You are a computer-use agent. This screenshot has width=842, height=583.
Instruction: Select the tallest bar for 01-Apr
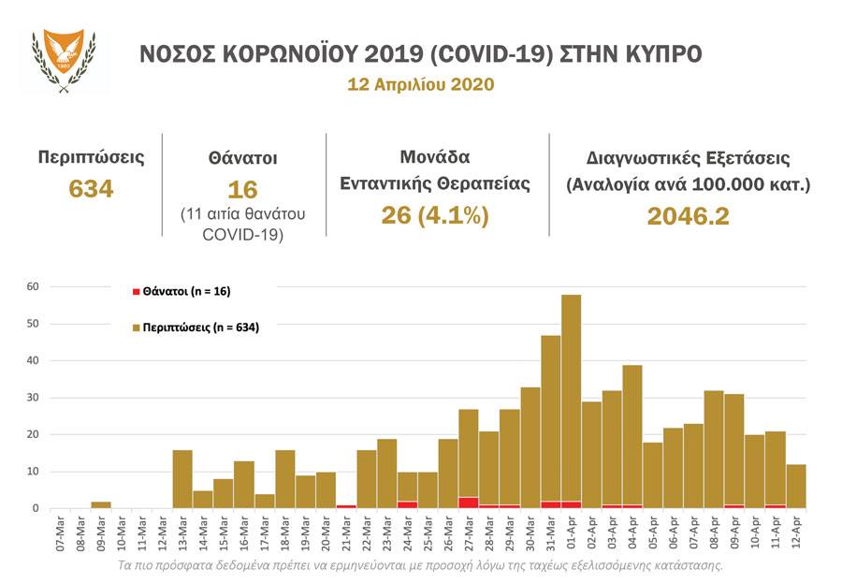(x=571, y=402)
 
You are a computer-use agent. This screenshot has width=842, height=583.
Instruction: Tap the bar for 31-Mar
(x=550, y=421)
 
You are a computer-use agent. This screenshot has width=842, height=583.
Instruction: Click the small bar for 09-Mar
(x=100, y=505)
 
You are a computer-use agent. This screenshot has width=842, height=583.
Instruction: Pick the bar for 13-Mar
(x=182, y=479)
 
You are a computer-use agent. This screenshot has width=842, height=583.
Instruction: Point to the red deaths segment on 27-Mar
(x=469, y=503)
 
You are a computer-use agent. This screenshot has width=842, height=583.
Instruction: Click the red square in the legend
(x=137, y=292)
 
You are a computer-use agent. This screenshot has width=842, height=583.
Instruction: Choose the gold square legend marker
(x=137, y=328)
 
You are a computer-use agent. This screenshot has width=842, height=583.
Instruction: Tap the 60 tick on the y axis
(x=32, y=286)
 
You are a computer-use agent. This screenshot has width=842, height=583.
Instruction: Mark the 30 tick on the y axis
(x=32, y=398)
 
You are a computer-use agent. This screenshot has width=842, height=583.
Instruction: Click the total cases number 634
(x=91, y=189)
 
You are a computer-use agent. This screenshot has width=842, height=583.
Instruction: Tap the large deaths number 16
(x=242, y=190)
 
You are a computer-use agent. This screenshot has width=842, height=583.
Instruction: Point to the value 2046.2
(x=688, y=216)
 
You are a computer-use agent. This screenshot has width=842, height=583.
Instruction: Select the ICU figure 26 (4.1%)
(x=436, y=215)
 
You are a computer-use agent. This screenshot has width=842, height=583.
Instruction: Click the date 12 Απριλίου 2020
(x=420, y=83)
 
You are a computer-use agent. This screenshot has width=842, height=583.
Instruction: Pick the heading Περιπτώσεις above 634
(x=91, y=156)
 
